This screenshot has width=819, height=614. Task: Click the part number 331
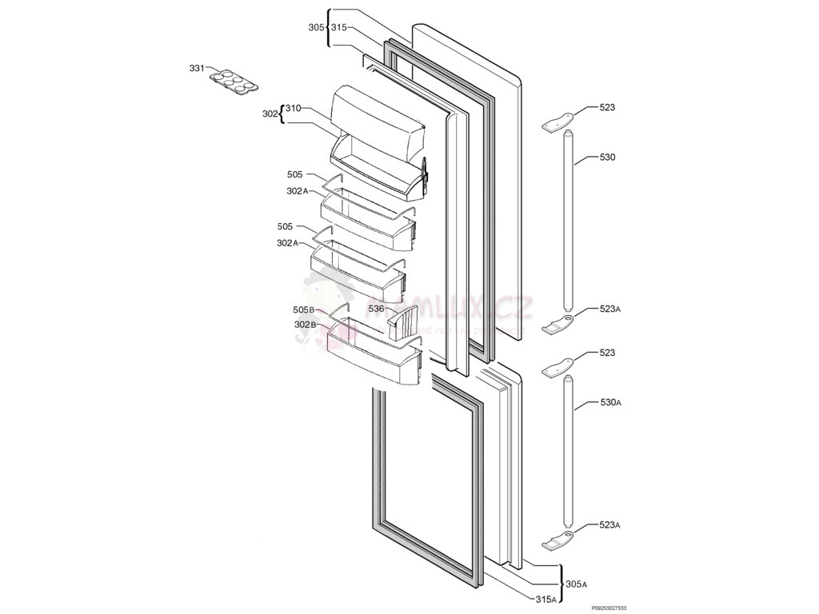pyautogui.click(x=197, y=69)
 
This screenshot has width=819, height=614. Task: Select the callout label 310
pyautogui.click(x=293, y=108)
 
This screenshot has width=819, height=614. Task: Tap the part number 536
pyautogui.click(x=377, y=309)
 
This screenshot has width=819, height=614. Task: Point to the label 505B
pyautogui.click(x=304, y=310)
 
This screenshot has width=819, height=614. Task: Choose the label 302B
pyautogui.click(x=305, y=325)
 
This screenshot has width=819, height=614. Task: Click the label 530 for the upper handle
pyautogui.click(x=607, y=157)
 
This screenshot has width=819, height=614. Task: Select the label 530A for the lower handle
pyautogui.click(x=610, y=402)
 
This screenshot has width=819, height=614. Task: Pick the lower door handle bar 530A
pyautogui.click(x=569, y=456)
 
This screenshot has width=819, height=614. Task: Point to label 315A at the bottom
pyautogui.click(x=546, y=600)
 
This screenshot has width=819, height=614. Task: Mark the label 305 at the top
pyautogui.click(x=316, y=27)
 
